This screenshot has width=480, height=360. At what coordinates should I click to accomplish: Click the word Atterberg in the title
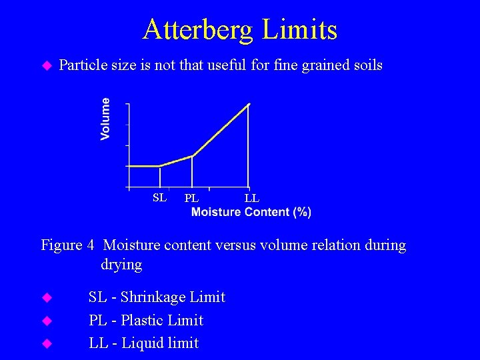point(198,29)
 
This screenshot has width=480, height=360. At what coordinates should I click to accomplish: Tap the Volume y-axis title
point(105,119)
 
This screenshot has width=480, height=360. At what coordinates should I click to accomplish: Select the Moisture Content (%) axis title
point(251,212)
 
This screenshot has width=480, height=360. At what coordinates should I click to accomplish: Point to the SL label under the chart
point(159,197)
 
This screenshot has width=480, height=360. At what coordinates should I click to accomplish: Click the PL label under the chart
point(191,198)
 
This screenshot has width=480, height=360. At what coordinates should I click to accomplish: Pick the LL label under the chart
point(251,198)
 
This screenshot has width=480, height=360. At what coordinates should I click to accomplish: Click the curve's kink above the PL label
point(192,156)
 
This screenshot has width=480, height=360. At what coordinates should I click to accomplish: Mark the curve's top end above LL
point(249,104)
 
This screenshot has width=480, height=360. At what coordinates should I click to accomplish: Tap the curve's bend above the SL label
point(160,166)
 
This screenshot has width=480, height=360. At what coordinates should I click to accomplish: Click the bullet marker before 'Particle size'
point(47,65)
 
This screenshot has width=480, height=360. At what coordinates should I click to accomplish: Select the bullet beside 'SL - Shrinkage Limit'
point(47,297)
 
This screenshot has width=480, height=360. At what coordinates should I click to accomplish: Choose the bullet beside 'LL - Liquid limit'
point(47,344)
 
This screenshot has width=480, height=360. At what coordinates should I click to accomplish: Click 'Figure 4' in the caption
point(67,245)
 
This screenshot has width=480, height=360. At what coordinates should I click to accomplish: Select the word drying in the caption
point(121,265)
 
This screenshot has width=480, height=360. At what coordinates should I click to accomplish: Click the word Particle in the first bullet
point(83,65)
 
